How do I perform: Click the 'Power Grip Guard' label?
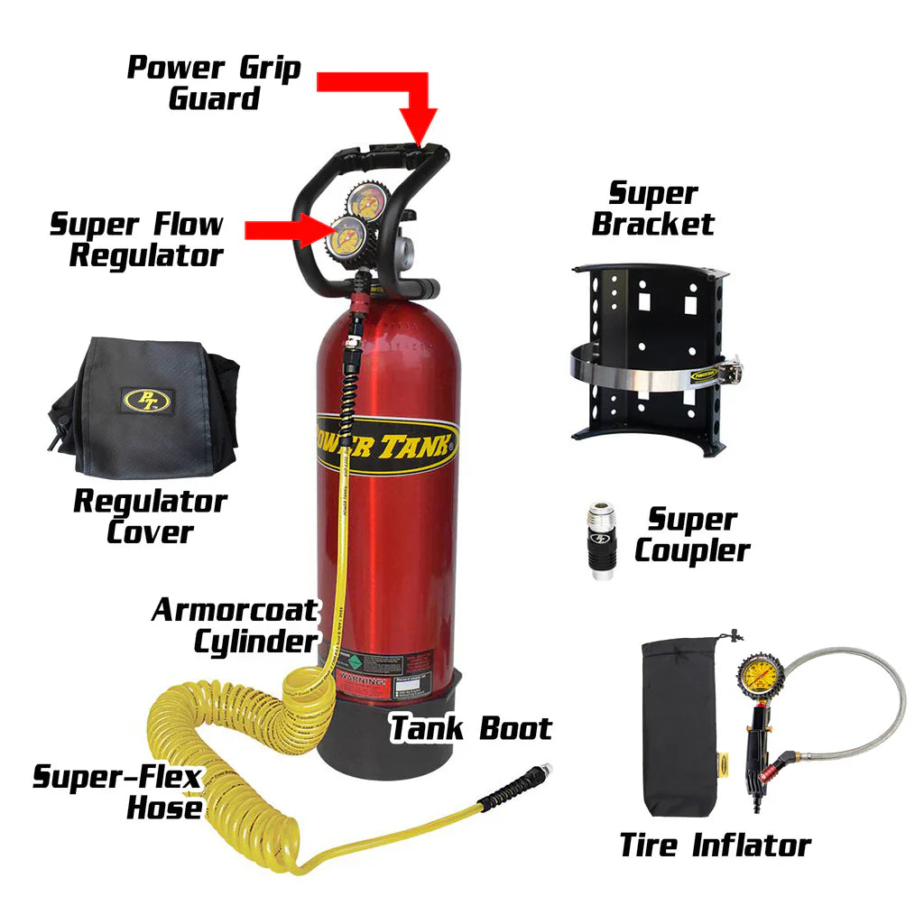click(x=213, y=82)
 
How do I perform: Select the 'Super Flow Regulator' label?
click(x=137, y=240)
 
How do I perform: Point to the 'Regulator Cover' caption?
click(x=150, y=516)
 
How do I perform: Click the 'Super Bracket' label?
click(x=653, y=208)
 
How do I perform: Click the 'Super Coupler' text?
click(x=692, y=535)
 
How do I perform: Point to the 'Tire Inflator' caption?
click(x=715, y=845)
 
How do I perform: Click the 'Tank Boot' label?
click(x=470, y=728)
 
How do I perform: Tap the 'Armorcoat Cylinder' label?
click(x=234, y=625)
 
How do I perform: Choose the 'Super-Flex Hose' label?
click(x=118, y=791)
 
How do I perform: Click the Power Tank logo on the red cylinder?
click(x=388, y=445)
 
